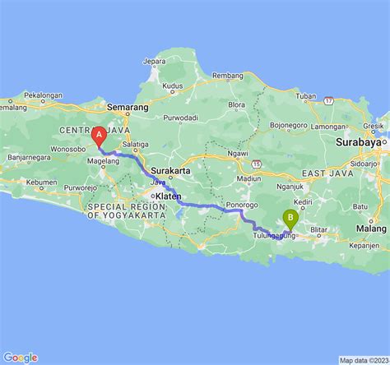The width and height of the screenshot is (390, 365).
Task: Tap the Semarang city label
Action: [127, 107]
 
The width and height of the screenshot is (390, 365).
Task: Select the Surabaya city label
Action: [360, 141]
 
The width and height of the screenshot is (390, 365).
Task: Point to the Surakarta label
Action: [171, 170]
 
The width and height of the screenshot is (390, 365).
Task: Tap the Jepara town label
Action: [154, 61]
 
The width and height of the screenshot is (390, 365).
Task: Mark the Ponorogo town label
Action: [243, 204]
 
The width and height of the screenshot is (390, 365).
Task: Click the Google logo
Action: [20, 357]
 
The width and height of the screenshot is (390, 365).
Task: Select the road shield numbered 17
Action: [328, 99]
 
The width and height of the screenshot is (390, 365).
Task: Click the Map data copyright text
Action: [363, 360]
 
